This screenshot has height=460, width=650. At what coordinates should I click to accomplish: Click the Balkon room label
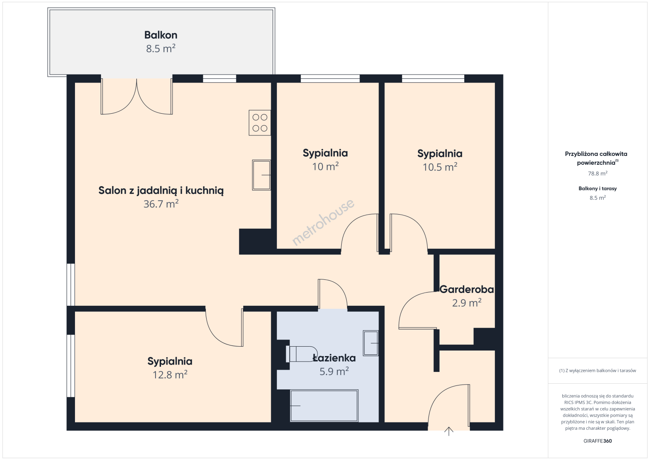tap(161, 35)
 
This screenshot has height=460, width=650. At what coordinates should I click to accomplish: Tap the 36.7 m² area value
tap(161, 204)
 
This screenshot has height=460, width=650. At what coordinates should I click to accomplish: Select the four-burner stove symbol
tap(260, 123)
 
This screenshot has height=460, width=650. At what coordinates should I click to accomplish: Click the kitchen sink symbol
tap(262, 175)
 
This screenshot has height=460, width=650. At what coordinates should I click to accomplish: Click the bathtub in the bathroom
tap(324, 405)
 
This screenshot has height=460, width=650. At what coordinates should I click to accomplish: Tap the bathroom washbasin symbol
tap(371, 343)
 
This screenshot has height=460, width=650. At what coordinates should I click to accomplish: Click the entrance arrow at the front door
tap(449, 431)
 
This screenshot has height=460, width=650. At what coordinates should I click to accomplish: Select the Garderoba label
tap(466, 289)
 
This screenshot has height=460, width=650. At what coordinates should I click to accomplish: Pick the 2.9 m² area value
tap(466, 303)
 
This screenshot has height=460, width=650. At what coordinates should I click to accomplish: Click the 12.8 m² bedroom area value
tap(170, 375)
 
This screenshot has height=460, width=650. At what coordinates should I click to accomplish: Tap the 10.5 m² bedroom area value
tap(440, 167)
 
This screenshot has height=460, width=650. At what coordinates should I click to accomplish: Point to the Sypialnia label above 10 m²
tap(325, 153)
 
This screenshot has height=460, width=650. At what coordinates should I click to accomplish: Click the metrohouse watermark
tap(323, 222)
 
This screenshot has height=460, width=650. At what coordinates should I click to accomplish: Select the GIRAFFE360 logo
tap(598, 441)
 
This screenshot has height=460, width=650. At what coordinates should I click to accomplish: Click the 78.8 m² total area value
tap(598, 173)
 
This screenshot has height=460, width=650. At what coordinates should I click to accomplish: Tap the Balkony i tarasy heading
tap(598, 188)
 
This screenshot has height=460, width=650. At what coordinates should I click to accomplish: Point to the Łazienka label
tap(334, 358)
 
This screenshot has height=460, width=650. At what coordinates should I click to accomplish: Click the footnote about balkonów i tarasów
tap(598, 371)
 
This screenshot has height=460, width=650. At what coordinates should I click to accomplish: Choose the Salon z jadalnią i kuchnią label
tap(161, 191)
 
